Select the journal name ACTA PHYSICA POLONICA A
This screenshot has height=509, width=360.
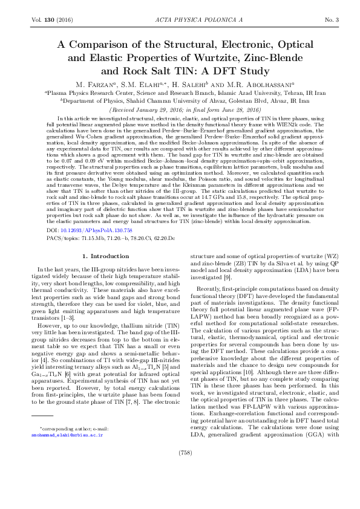[x=180, y=21]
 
